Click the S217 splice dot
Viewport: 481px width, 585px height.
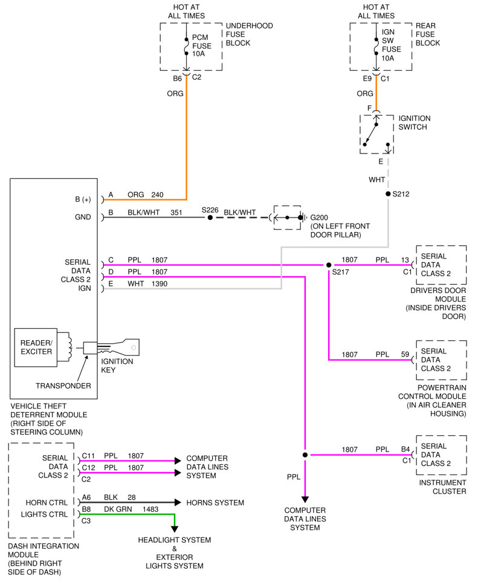click(328, 265)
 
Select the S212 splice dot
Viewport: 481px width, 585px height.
click(388, 193)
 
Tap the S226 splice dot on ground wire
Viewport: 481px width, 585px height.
click(210, 217)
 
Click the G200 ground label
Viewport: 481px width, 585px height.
click(319, 218)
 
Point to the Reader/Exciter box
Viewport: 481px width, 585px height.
click(36, 347)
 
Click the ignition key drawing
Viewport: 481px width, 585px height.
click(118, 347)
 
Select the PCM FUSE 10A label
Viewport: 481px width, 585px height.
click(201, 45)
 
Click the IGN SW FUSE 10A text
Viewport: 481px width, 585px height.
click(391, 45)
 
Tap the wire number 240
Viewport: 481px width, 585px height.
click(158, 195)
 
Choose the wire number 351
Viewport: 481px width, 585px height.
click(176, 213)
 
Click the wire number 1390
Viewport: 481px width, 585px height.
click(160, 283)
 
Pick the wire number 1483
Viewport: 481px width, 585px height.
click(150, 509)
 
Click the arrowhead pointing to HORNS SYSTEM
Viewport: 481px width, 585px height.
click(178, 503)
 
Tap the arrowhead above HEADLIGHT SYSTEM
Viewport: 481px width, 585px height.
click(174, 529)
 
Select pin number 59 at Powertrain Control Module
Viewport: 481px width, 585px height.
click(405, 354)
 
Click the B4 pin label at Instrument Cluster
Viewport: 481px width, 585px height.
click(405, 449)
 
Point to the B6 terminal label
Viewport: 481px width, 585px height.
click(177, 79)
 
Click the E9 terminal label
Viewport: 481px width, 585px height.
click(367, 79)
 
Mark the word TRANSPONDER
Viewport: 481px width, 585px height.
click(63, 386)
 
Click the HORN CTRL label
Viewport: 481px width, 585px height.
click(47, 503)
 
